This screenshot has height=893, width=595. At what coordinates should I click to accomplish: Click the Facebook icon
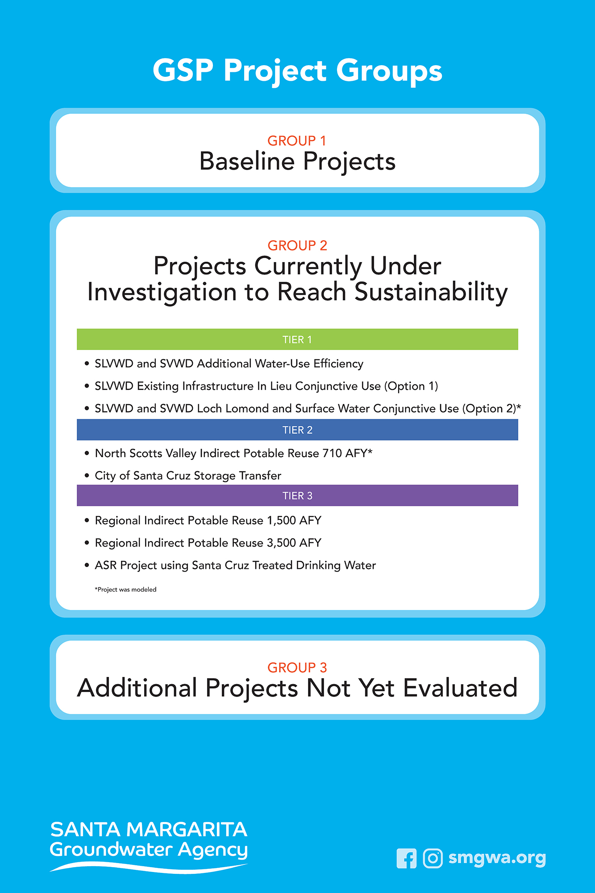406,858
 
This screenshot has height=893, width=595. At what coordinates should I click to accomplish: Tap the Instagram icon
433,858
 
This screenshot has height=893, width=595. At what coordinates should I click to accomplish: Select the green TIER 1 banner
297,339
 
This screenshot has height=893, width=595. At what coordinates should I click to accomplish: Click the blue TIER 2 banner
297,430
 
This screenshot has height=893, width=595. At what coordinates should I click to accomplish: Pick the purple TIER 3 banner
297,496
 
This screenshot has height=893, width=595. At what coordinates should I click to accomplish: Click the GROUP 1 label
297,141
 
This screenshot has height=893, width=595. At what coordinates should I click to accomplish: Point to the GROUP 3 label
297,668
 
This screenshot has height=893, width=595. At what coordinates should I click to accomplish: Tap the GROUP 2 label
297,245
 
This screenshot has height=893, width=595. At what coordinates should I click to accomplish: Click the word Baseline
246,161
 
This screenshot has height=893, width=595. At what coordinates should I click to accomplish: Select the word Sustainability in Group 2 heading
431,293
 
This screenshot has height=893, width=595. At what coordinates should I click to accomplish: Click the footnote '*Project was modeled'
125,589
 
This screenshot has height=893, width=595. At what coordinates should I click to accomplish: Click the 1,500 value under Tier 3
281,521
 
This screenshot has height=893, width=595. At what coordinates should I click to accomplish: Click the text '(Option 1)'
411,386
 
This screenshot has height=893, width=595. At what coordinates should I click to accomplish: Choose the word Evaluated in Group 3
460,688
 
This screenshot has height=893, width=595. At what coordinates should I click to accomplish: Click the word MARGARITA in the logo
187,830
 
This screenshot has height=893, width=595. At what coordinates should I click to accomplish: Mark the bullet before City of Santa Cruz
87,476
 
